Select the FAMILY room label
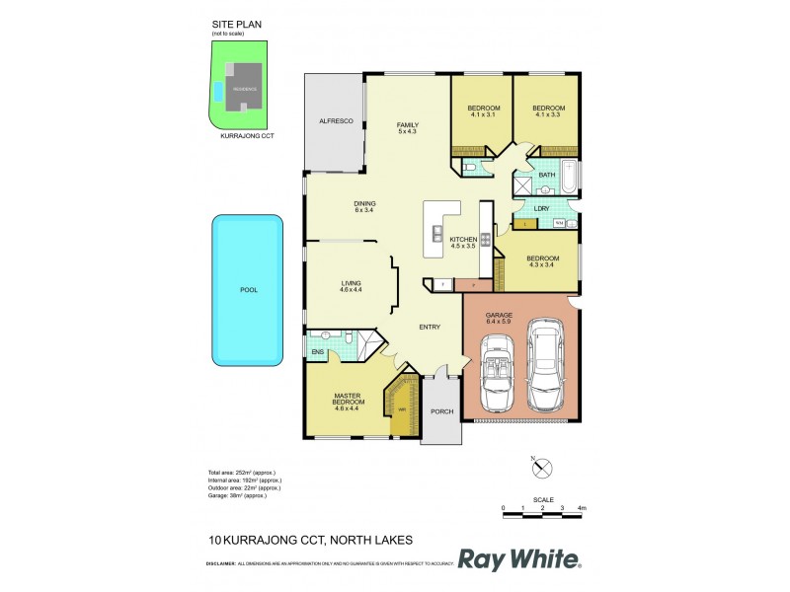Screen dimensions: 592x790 coord(407,125)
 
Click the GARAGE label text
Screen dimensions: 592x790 coord(499,315)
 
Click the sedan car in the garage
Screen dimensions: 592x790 coord(545,366)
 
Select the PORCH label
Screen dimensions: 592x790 coord(440,412)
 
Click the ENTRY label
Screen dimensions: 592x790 coord(429,328)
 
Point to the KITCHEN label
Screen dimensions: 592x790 coord(463,240)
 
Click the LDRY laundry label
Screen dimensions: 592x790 coord(541,208)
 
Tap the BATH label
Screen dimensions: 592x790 coord(546,175)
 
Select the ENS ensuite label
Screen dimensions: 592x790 coord(317,351)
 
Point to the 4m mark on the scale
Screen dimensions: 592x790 coord(583,507)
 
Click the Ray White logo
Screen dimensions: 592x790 coord(519,559)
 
